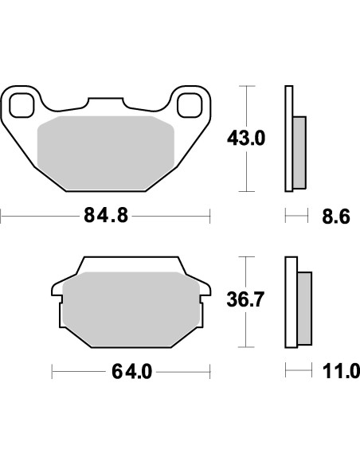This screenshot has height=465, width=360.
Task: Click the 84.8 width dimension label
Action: pos(105,216)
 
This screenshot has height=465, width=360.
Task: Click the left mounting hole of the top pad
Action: pos(22,104)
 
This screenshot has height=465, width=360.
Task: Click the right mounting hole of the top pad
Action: pos(189,104)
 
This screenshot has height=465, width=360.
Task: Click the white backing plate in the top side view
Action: pos(289,139)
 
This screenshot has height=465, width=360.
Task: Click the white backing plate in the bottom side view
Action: pos(291,302)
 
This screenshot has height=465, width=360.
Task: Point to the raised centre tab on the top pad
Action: pos(105,104)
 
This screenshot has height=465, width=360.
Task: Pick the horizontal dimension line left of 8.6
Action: pos(296,216)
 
